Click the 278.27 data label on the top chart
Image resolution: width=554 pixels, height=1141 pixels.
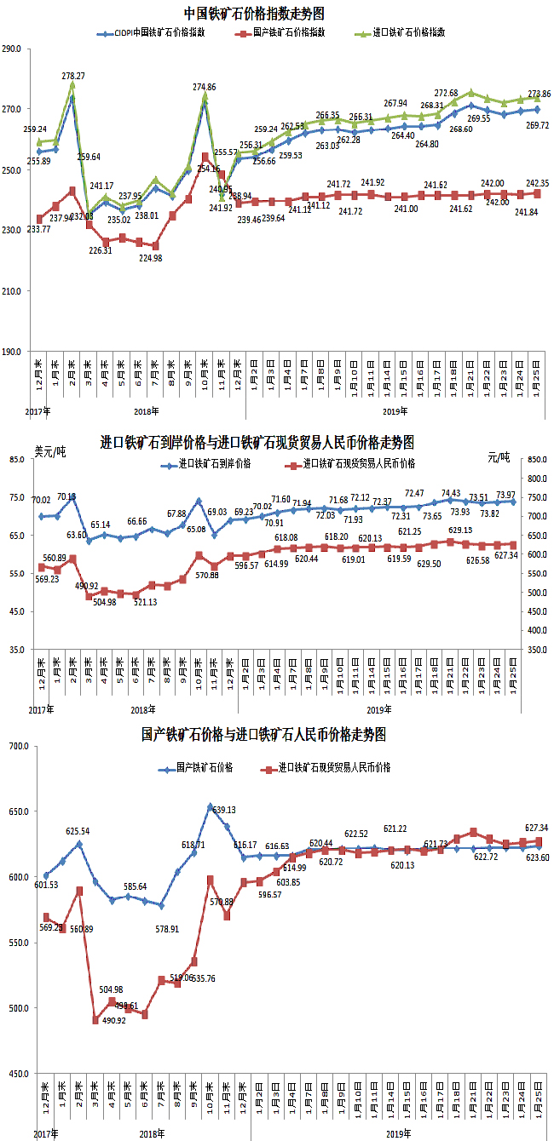(74, 76)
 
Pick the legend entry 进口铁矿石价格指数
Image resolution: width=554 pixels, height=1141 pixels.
(410, 32)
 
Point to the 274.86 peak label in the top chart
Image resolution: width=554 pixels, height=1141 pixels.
(205, 87)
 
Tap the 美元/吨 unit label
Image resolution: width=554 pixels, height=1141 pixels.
(49, 451)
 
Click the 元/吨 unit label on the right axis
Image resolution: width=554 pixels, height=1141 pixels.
(498, 457)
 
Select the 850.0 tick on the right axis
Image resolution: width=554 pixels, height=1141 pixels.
(535, 460)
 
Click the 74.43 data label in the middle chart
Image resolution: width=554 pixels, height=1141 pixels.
(451, 493)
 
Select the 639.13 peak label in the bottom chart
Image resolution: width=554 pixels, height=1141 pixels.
(223, 810)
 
